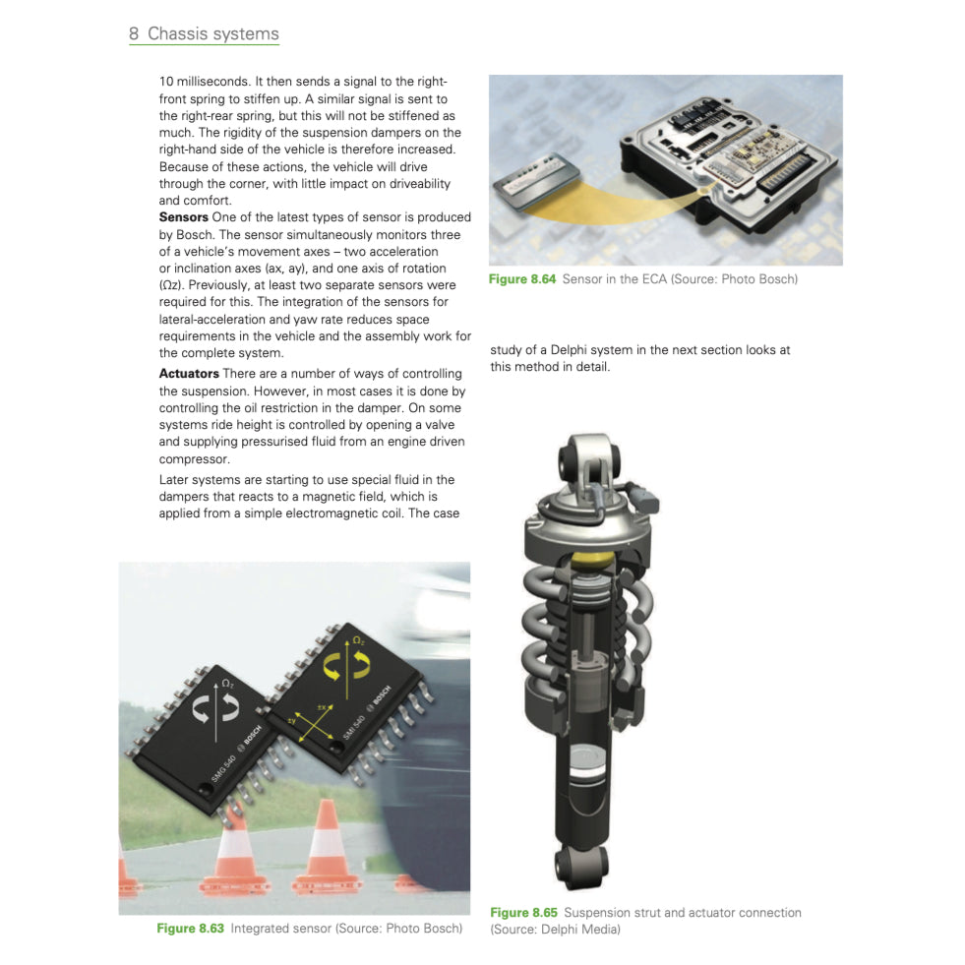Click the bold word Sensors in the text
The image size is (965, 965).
point(184,217)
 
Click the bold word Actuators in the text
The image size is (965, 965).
point(189,374)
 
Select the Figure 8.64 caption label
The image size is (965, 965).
point(522,279)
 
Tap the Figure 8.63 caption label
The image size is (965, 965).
point(190,929)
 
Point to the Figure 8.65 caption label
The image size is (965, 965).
point(523,913)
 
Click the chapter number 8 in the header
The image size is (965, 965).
point(134,34)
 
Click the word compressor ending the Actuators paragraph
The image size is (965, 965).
point(194,459)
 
